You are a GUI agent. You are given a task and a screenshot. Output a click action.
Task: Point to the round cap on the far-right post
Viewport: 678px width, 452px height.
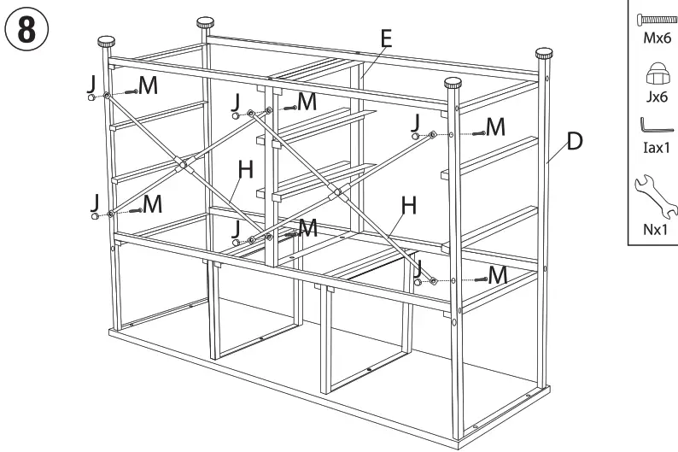[x=544, y=53]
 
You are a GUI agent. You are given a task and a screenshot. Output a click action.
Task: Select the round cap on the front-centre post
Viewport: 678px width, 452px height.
[x=452, y=83]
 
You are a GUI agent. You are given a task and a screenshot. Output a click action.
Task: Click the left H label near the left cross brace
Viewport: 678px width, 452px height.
[x=246, y=169]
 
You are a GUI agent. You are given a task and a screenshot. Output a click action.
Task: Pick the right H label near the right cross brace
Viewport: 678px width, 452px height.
[x=409, y=206]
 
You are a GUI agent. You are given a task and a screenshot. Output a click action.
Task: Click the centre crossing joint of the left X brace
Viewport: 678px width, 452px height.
[x=180, y=162]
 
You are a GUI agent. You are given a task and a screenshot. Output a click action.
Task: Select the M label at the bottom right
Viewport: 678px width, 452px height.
[x=501, y=273]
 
